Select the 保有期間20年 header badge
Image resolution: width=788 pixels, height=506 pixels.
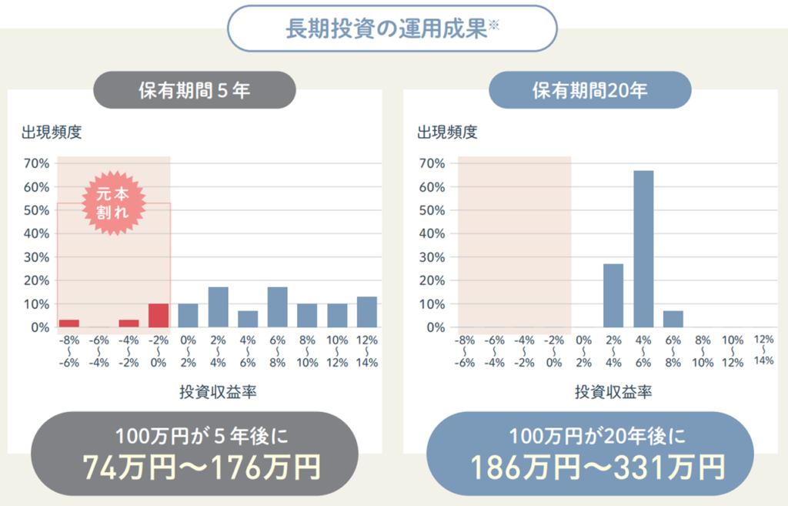click(x=589, y=90)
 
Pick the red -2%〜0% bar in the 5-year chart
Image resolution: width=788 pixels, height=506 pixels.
click(x=159, y=315)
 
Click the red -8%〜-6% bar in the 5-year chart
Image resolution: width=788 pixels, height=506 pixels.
click(x=69, y=323)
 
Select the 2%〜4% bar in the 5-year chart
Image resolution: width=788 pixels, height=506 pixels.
click(x=219, y=307)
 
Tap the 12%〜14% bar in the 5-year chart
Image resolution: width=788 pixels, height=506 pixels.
click(x=367, y=312)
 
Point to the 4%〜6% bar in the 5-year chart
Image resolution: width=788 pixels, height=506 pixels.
click(x=248, y=319)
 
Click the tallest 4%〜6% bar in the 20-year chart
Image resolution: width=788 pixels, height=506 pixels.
click(x=643, y=249)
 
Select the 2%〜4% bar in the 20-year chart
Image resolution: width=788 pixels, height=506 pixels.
click(x=613, y=296)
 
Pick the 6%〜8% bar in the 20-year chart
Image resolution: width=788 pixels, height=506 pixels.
click(x=673, y=319)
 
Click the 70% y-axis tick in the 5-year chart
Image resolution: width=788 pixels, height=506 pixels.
click(x=37, y=163)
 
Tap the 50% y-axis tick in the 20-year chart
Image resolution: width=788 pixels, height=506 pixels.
click(x=432, y=210)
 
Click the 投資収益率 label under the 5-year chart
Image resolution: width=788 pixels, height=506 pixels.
click(x=218, y=393)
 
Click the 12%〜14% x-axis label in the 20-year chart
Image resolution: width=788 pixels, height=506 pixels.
click(x=764, y=350)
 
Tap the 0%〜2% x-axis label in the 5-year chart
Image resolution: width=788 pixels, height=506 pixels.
click(x=189, y=351)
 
